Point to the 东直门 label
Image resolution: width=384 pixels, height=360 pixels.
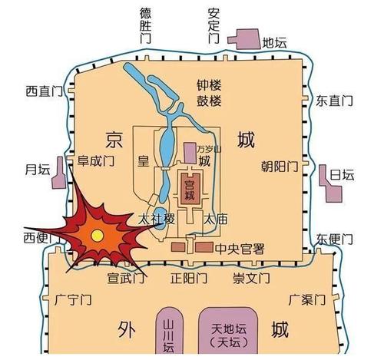click(x=335, y=100)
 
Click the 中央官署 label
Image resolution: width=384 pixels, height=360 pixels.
click(x=240, y=247)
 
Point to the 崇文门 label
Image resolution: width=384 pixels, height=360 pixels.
click(x=251, y=276)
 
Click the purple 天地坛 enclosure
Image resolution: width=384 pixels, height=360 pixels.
click(x=227, y=331)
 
